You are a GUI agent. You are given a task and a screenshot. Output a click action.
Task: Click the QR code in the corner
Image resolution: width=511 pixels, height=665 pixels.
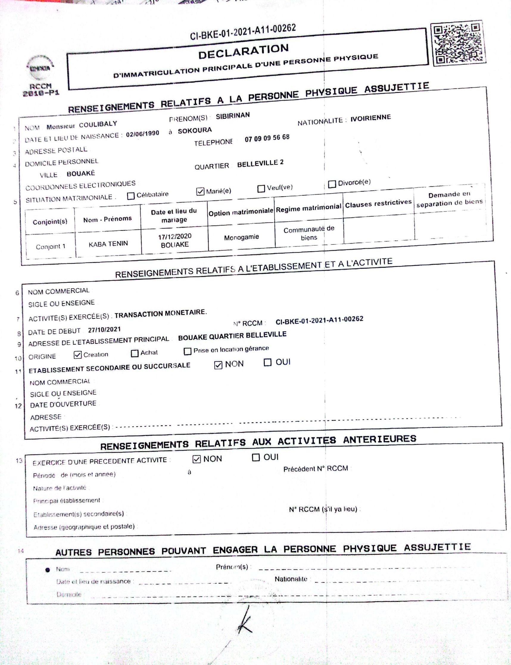click(459, 43)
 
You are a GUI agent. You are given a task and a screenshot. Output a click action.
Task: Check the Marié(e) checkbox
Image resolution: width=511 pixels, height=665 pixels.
click(200, 191)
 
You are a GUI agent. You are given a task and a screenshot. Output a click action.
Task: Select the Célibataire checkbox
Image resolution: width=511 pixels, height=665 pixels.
click(131, 196)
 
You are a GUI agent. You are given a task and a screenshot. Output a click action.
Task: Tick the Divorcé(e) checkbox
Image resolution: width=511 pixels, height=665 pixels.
click(332, 184)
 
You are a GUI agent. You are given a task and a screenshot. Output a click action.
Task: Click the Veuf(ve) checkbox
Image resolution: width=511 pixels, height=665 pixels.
click(261, 189)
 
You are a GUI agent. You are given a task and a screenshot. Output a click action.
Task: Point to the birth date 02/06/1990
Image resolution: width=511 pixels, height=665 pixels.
click(142, 134)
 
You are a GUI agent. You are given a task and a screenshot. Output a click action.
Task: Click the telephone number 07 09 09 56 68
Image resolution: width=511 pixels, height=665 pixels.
click(267, 138)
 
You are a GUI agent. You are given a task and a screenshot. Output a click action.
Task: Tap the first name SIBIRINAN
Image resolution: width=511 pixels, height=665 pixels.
click(233, 116)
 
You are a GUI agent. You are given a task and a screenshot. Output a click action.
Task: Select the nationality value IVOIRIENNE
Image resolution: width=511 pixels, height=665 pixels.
click(370, 118)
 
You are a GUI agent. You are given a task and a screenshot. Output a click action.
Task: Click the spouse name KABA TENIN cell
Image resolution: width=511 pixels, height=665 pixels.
click(108, 244)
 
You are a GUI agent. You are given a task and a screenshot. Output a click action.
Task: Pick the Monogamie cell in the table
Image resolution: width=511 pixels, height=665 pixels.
click(242, 237)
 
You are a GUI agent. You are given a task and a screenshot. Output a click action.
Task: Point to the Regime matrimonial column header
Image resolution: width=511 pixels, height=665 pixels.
click(309, 208)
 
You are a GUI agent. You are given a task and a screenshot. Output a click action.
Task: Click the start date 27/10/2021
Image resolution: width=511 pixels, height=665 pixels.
click(104, 329)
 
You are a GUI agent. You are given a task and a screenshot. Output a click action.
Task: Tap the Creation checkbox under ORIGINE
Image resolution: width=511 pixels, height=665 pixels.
click(77, 355)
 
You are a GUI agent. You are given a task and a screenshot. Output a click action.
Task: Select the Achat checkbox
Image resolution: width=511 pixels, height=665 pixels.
click(134, 353)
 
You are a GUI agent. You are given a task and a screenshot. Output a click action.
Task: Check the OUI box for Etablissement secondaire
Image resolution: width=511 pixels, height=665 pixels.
click(267, 362)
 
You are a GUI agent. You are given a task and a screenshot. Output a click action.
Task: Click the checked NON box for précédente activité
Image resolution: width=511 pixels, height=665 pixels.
click(197, 459)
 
